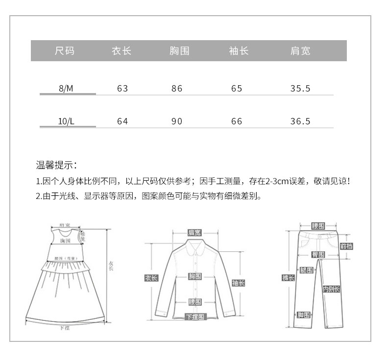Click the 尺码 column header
pyautogui.click(x=65, y=51)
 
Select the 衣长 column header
pyautogui.click(x=122, y=51)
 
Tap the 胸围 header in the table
pyautogui.click(x=179, y=51)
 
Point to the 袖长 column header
pyautogui.click(x=239, y=51)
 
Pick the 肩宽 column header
pyautogui.click(x=300, y=51)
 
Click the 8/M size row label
pyautogui.click(x=67, y=89)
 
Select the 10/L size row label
pyautogui.click(x=67, y=121)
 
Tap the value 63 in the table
pyautogui.click(x=122, y=89)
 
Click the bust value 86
pyautogui.click(x=177, y=89)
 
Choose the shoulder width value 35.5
pyautogui.click(x=300, y=89)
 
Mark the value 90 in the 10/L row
pyautogui.click(x=177, y=121)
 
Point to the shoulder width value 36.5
pyautogui.click(x=300, y=121)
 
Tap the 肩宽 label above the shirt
pyautogui.click(x=194, y=233)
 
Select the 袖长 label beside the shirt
pyautogui.click(x=238, y=283)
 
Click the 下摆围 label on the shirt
pyautogui.click(x=195, y=316)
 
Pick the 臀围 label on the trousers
pyautogui.click(x=318, y=254)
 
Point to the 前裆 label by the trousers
pyautogui.click(x=346, y=246)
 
